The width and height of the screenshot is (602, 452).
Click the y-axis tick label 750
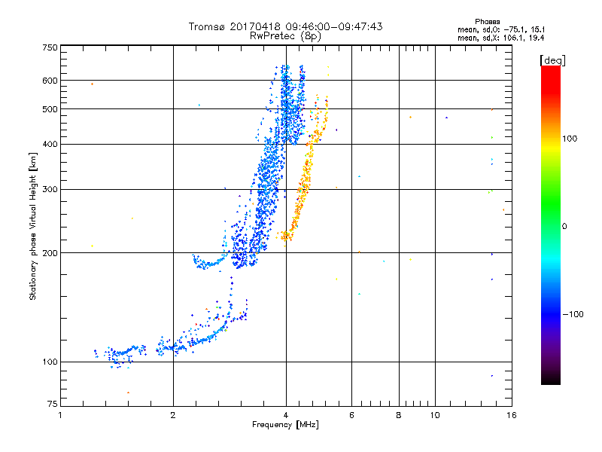[x=50, y=47]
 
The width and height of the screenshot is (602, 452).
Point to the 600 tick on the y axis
[x=50, y=81]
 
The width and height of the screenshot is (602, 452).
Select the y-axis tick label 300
[x=50, y=189]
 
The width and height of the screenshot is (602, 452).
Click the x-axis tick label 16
[x=512, y=415]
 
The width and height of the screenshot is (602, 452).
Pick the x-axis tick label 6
[x=352, y=415]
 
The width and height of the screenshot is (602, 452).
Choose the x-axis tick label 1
[x=60, y=415]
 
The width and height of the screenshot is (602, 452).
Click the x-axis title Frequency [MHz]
[x=286, y=426]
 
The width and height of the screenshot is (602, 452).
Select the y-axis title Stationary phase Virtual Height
[x=33, y=226]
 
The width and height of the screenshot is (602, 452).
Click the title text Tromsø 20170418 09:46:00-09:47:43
[x=286, y=26]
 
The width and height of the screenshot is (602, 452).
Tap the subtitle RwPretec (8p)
[x=286, y=35]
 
